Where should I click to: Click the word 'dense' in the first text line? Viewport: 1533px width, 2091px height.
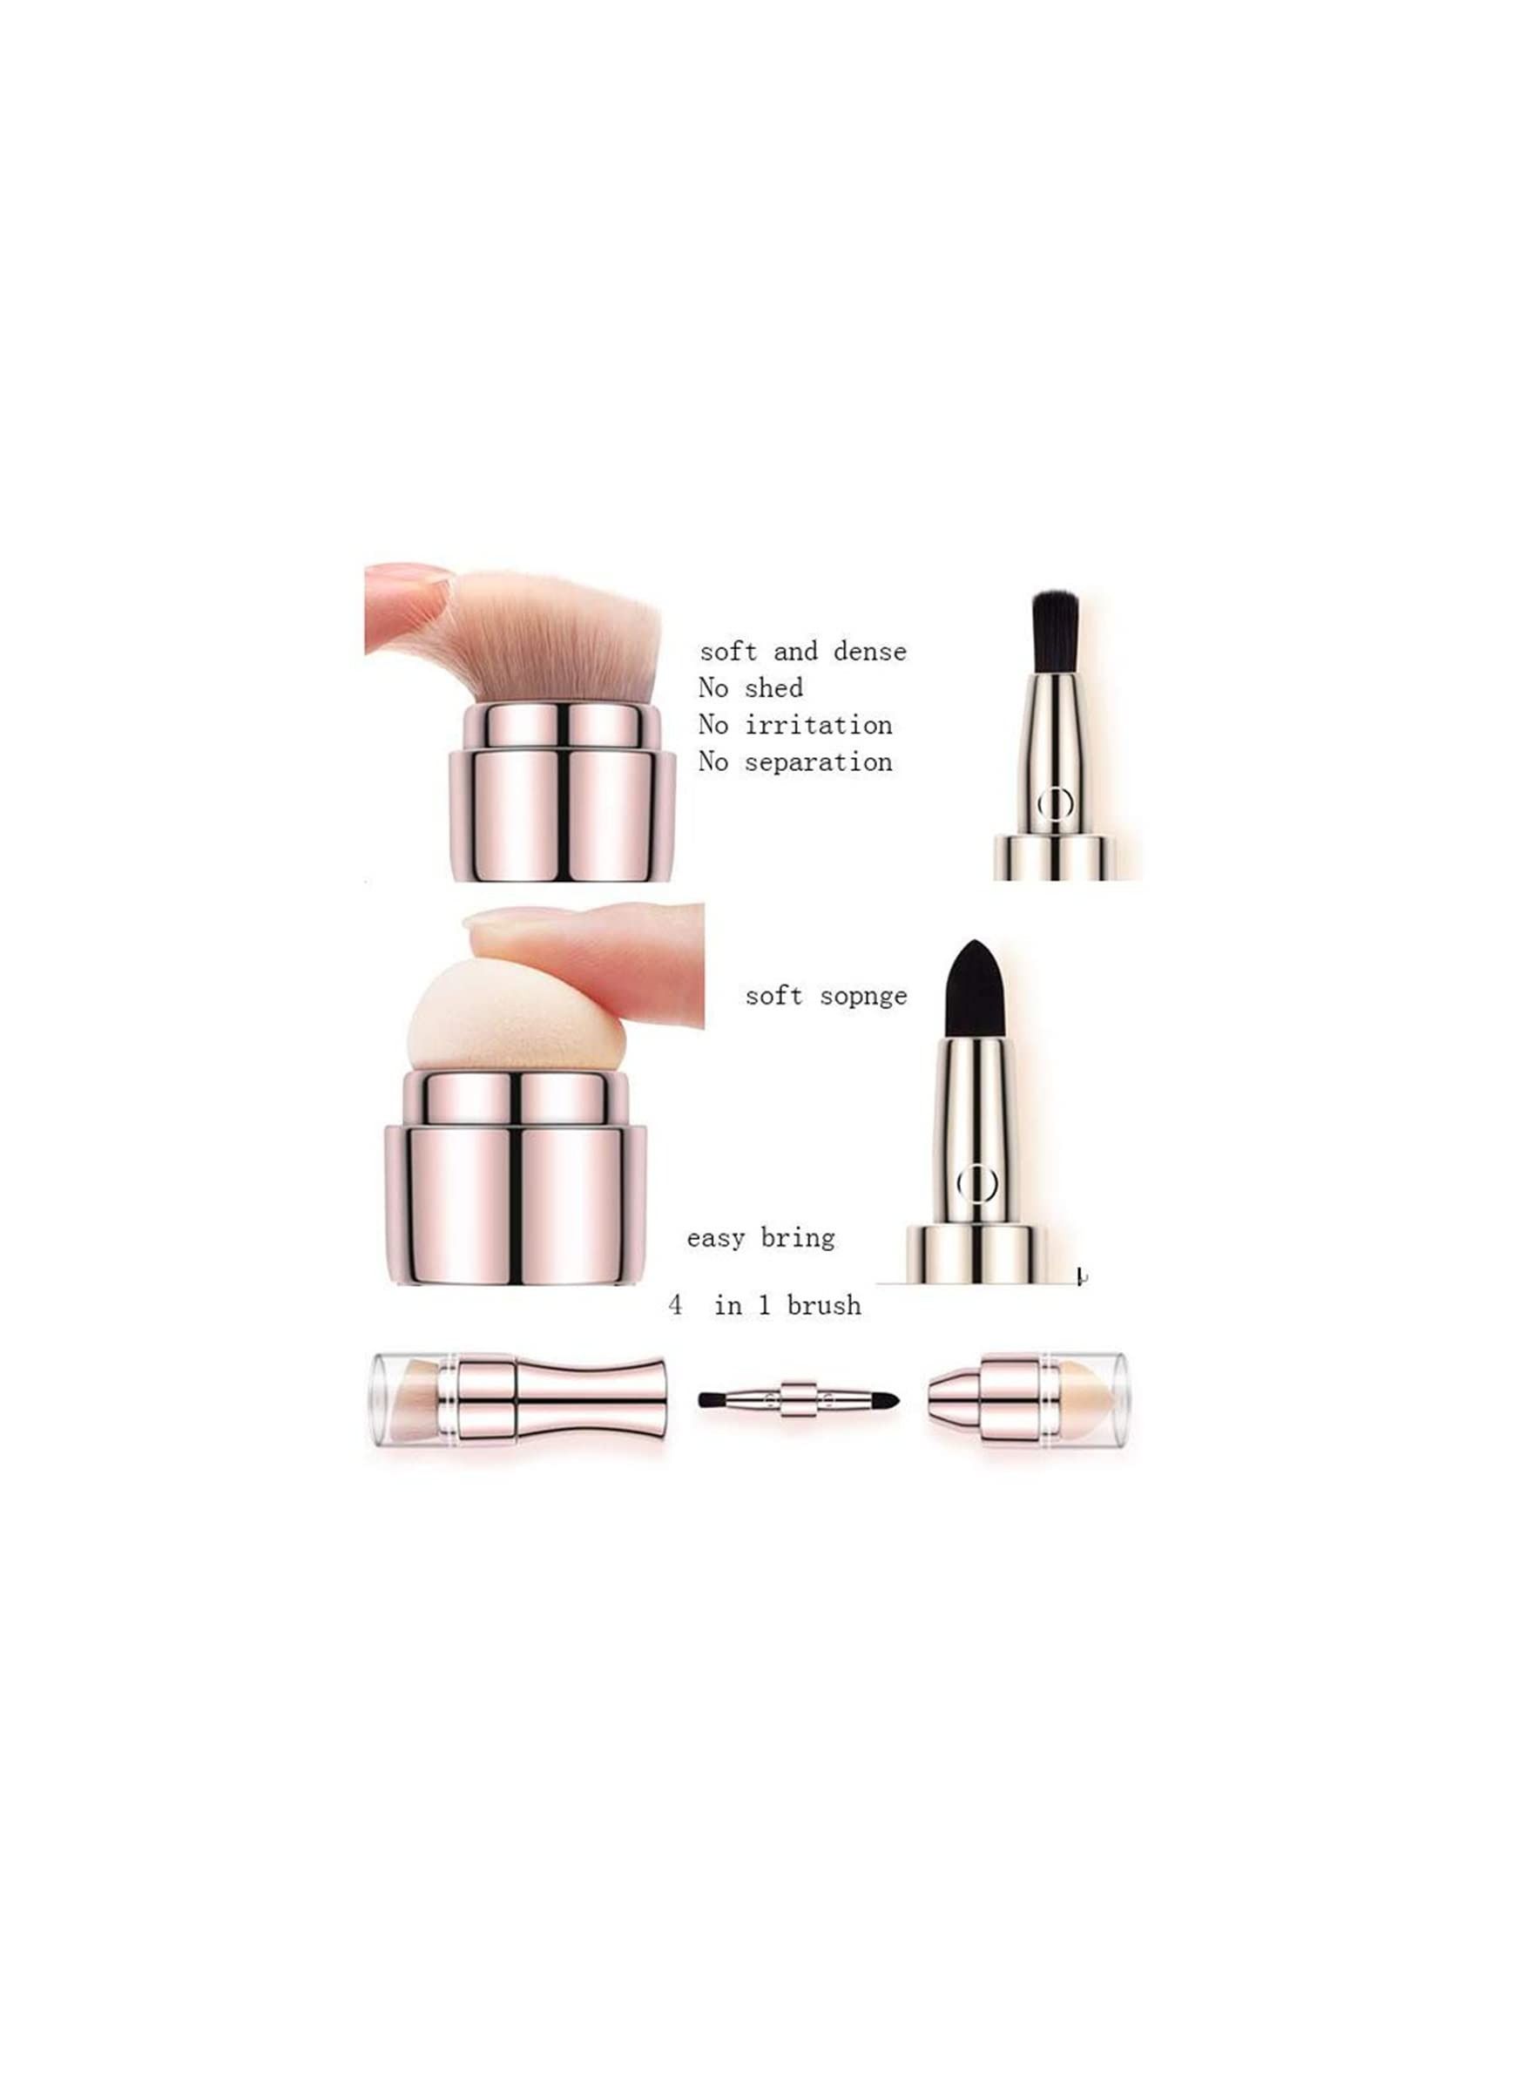click(869, 652)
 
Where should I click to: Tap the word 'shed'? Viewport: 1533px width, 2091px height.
click(774, 688)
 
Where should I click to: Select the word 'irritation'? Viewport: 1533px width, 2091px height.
click(819, 725)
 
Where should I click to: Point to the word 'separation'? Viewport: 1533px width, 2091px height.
click(819, 763)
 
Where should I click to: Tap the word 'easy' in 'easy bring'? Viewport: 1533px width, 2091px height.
click(716, 1239)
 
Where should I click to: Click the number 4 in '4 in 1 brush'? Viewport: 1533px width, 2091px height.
click(676, 1305)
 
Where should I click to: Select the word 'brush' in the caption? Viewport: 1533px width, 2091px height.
click(824, 1305)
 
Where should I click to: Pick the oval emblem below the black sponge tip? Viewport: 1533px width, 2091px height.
click(976, 1183)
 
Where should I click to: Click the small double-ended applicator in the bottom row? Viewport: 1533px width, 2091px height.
click(799, 1398)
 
